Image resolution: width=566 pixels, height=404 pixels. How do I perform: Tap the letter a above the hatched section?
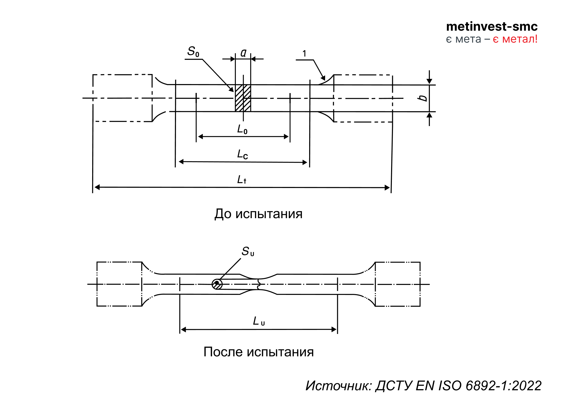click(243, 53)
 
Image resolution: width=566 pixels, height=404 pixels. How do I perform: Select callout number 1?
click(304, 53)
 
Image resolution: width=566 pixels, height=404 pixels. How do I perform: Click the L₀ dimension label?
click(242, 129)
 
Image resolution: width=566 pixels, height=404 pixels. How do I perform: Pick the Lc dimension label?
click(242, 154)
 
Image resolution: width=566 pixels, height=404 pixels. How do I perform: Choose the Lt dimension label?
click(242, 179)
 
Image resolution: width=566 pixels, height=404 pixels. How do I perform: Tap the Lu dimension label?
click(259, 321)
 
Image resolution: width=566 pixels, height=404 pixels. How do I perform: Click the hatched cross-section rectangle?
click(243, 98)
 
